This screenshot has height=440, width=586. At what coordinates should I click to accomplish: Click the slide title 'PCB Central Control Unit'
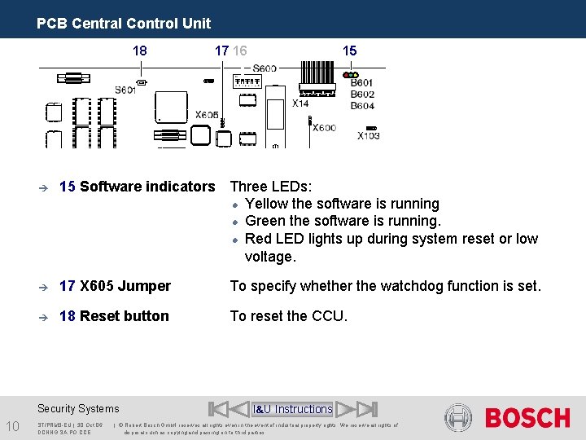pyautogui.click(x=123, y=24)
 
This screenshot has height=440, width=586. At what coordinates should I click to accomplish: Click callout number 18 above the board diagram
pyautogui.click(x=140, y=51)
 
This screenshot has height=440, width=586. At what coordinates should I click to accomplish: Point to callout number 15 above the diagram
pyautogui.click(x=349, y=51)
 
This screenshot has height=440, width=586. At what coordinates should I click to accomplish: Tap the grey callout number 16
pyautogui.click(x=239, y=51)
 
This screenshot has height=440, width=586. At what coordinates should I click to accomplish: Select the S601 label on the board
pyautogui.click(x=125, y=90)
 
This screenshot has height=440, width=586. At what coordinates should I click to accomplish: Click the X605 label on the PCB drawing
pyautogui.click(x=207, y=115)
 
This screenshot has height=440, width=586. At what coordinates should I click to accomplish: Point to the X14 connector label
pyautogui.click(x=301, y=103)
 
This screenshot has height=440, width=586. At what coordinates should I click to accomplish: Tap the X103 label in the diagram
pyautogui.click(x=368, y=136)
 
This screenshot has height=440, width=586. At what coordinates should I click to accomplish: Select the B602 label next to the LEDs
pyautogui.click(x=362, y=95)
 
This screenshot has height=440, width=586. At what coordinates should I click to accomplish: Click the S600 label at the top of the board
pyautogui.click(x=265, y=68)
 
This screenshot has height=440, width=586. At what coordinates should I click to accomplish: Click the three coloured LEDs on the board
pyautogui.click(x=351, y=75)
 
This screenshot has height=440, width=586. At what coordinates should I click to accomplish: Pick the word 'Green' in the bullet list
pyautogui.click(x=265, y=221)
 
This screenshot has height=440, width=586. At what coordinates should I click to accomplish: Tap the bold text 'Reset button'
pyautogui.click(x=125, y=316)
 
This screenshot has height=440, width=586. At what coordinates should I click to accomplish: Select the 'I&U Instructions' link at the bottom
pyautogui.click(x=293, y=409)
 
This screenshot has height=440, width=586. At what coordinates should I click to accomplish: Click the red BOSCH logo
pyautogui.click(x=527, y=418)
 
